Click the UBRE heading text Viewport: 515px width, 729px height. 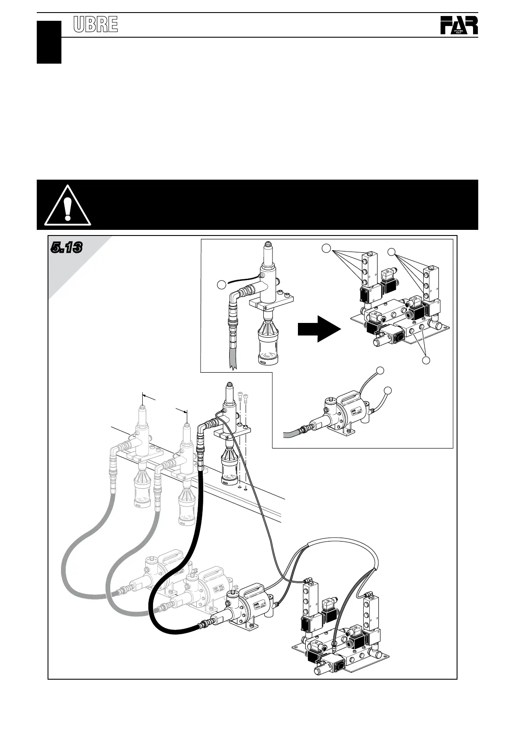click(x=96, y=25)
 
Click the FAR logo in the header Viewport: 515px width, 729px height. click(x=459, y=26)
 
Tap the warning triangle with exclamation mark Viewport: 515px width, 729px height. click(x=67, y=206)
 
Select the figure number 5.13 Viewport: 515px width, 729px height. click(x=66, y=248)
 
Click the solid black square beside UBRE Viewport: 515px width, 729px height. click(x=49, y=42)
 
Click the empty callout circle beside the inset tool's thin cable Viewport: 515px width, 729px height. click(x=221, y=284)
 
